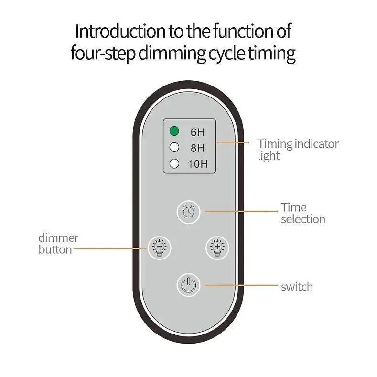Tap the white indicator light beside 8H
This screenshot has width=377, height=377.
[174, 147]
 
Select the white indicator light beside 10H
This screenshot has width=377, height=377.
[174, 163]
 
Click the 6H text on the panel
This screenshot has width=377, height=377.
[197, 132]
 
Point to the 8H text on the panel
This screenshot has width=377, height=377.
[197, 148]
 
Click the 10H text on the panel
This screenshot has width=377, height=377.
[198, 164]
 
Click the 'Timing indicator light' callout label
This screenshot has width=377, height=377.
[298, 149]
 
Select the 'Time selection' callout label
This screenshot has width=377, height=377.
[302, 213]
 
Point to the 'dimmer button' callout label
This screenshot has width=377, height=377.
[58, 243]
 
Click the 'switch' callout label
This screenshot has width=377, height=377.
[297, 287]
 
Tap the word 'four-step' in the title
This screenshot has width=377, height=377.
[102, 53]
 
